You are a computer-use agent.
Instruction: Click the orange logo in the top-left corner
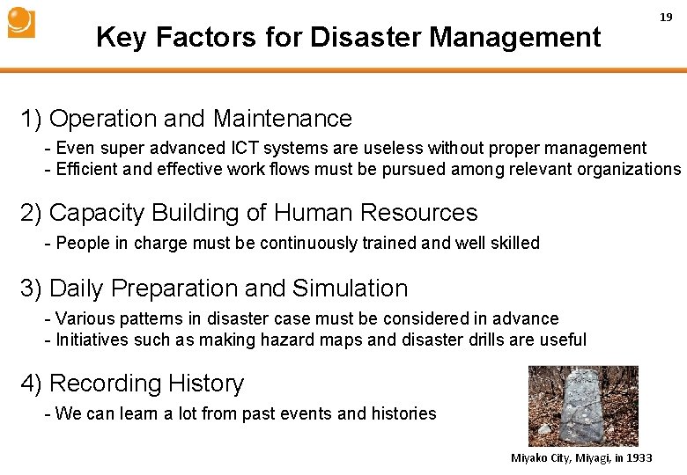click(x=21, y=23)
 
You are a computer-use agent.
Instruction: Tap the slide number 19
click(x=667, y=18)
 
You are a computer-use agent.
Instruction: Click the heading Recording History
click(x=146, y=384)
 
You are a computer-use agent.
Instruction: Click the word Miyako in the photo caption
click(x=530, y=458)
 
